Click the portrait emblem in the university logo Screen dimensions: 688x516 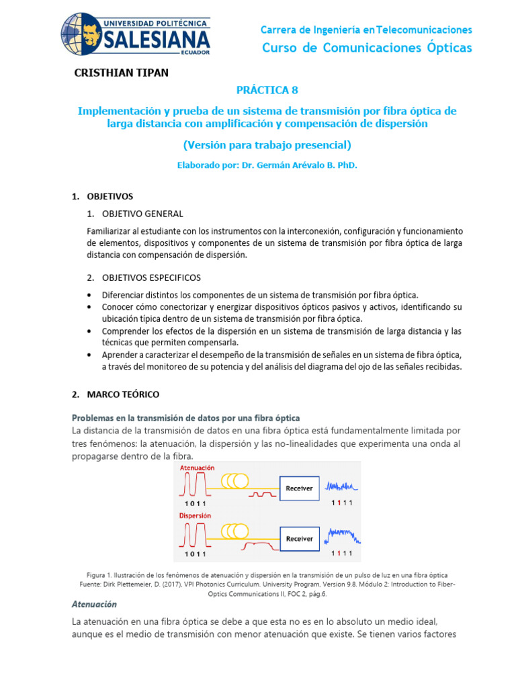pyautogui.click(x=83, y=33)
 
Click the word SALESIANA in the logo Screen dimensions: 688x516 pyautogui.click(x=157, y=39)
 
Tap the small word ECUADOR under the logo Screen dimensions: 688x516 pyautogui.click(x=195, y=52)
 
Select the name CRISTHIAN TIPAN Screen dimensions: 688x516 pyautogui.click(x=120, y=73)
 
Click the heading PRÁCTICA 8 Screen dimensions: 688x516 pyautogui.click(x=266, y=90)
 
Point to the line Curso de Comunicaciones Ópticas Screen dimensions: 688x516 pyautogui.click(x=366, y=48)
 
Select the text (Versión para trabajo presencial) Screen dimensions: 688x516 pyautogui.click(x=267, y=144)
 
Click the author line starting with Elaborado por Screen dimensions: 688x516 pyautogui.click(x=267, y=165)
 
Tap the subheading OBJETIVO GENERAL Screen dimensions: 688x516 pyautogui.click(x=142, y=214)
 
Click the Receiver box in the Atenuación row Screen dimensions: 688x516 pyautogui.click(x=299, y=488)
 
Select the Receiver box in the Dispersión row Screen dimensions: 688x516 pyautogui.click(x=299, y=538)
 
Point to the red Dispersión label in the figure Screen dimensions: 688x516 pyautogui.click(x=194, y=516)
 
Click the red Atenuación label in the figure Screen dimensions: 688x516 pyautogui.click(x=196, y=467)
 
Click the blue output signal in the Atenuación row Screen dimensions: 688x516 pyautogui.click(x=342, y=485)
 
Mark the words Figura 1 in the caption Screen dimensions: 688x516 pyautogui.click(x=101, y=576)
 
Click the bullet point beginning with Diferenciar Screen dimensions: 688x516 pyautogui.click(x=259, y=295)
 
